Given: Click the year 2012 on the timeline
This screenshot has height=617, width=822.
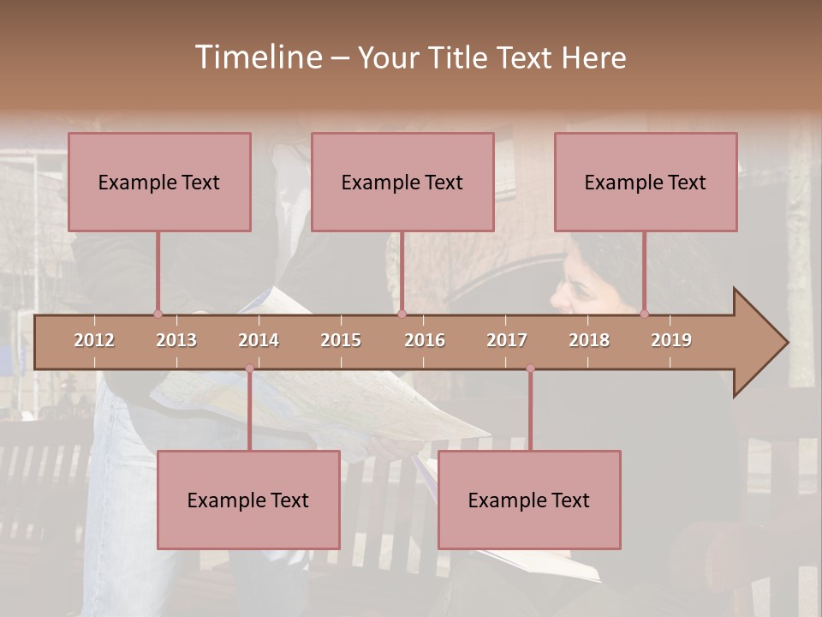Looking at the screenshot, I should pos(94,340).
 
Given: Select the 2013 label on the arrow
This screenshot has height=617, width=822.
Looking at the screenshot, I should pos(176,340).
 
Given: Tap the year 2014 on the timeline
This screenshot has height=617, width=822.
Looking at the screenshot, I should pos(259,340).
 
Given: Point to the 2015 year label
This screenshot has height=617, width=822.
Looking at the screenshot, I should pos(341,340).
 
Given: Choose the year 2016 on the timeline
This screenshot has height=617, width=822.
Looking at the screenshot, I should pos(425,340).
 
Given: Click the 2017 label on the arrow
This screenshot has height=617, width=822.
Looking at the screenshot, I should pos(507,340).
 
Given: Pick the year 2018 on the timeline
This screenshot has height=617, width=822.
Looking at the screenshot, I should pos(589,340).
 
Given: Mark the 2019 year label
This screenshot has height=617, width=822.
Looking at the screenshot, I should pos(671,340).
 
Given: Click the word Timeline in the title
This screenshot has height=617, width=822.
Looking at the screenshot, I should pos(257,57).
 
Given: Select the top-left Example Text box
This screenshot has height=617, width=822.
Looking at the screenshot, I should pos(159,182).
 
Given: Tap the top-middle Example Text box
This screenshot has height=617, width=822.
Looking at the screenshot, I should pos(402,182).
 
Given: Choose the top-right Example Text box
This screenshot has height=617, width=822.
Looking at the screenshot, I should pos(646,182).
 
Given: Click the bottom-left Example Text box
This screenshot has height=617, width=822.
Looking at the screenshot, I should pos(248,500).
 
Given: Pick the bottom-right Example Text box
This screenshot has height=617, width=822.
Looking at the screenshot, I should pos(529,500).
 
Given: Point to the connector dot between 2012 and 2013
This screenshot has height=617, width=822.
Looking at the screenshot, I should pos(158,314).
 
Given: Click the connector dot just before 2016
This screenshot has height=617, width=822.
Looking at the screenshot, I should pos(402,314).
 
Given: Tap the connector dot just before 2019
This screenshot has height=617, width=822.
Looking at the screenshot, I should pos(644,314).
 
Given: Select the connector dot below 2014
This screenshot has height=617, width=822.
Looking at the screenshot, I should pos(249,368).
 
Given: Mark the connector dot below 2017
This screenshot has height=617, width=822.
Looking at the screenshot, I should pos(530,368).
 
